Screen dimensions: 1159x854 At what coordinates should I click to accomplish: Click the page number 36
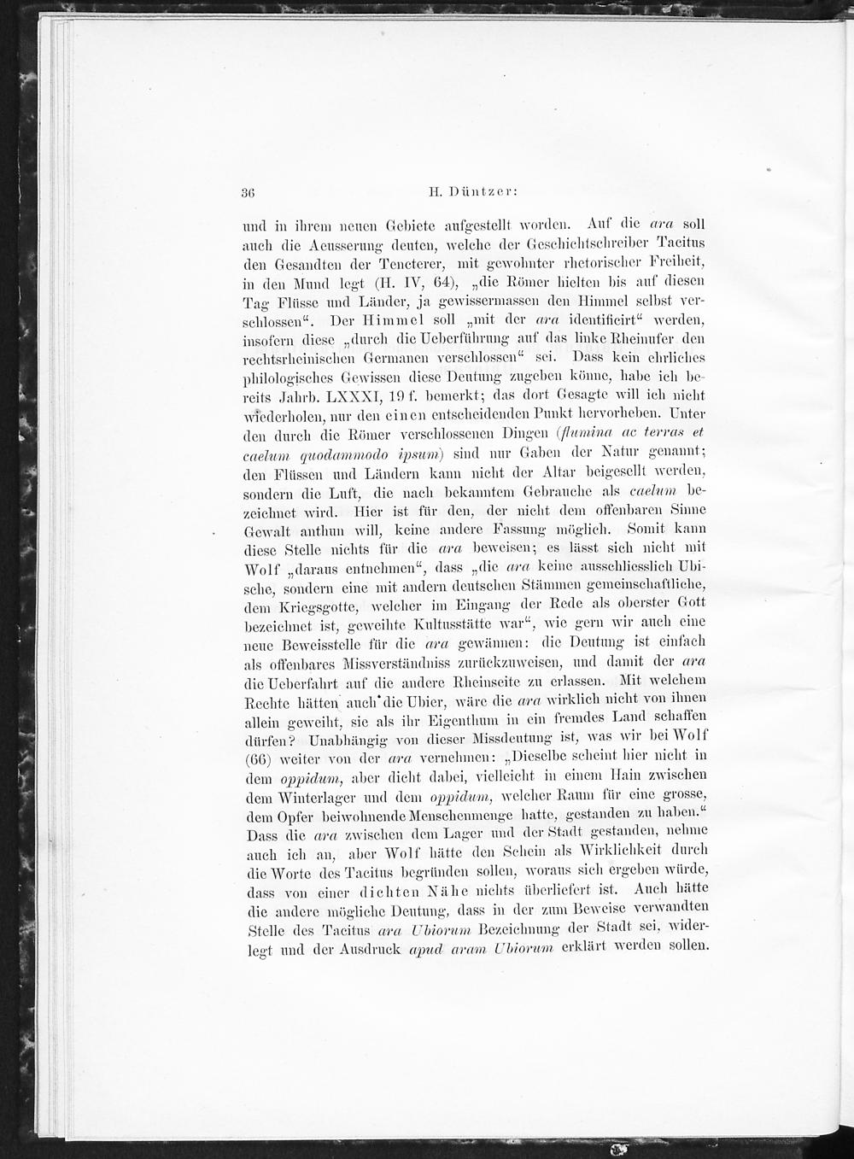coord(251,192)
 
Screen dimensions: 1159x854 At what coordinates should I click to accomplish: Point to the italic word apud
coord(430,947)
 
